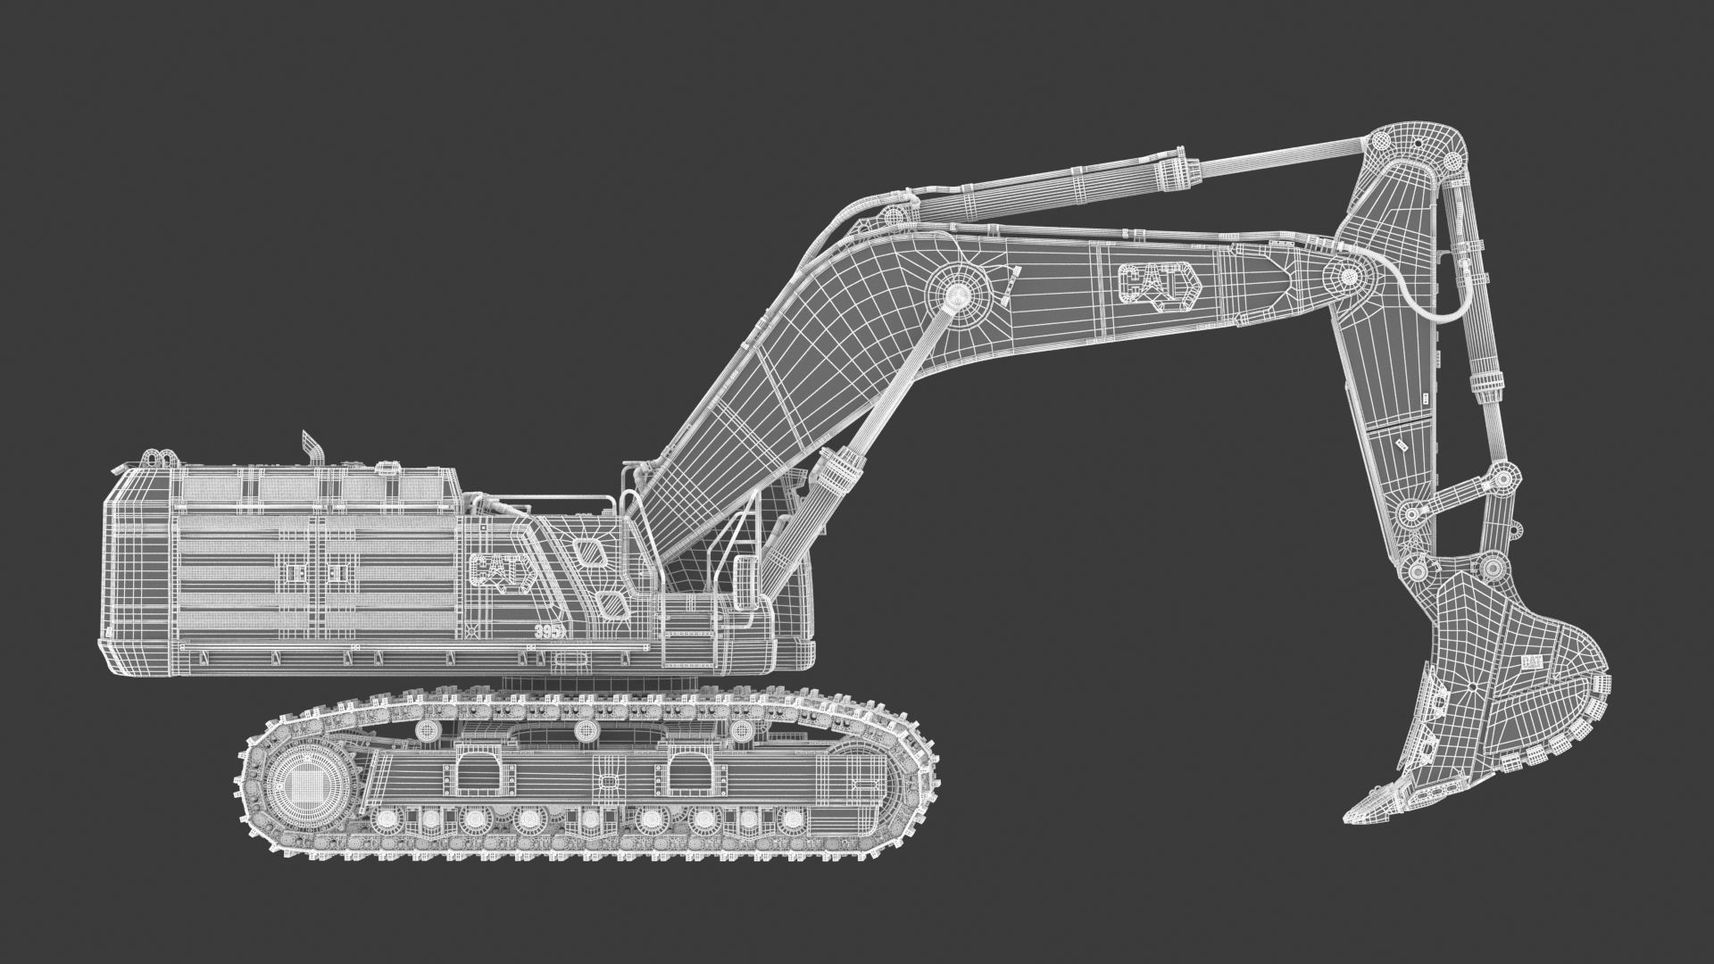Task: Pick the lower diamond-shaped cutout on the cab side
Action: click(612, 604)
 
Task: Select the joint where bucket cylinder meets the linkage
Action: click(1502, 478)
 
